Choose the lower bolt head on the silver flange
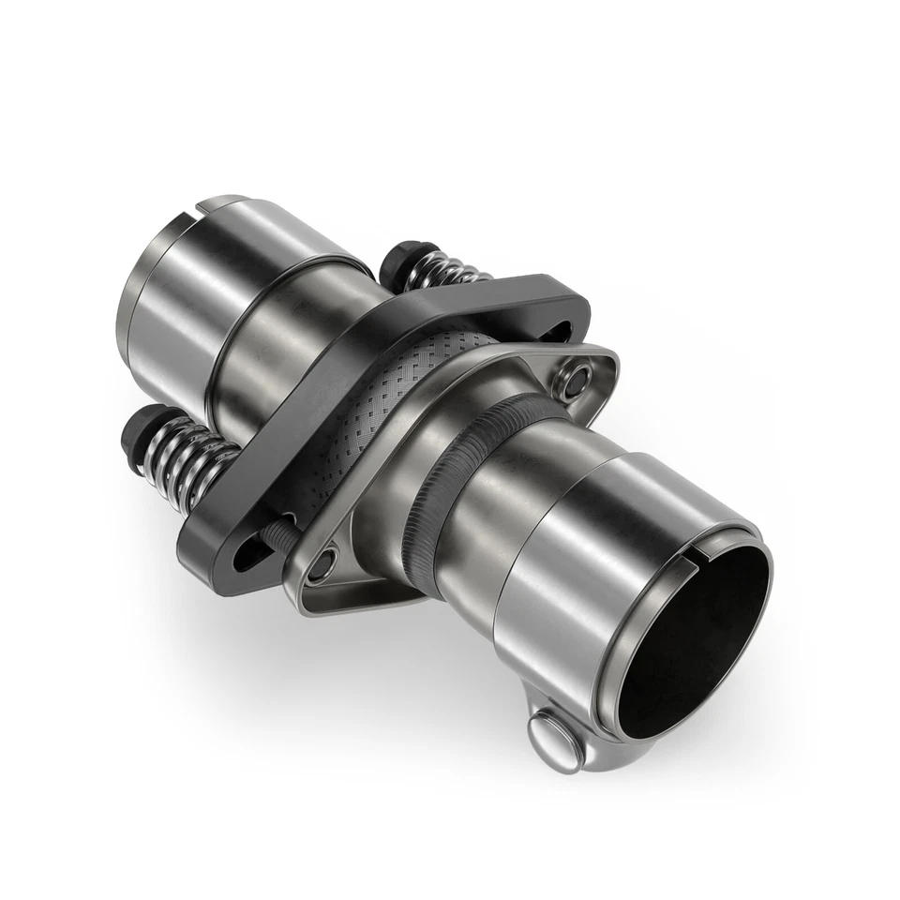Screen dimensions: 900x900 point(322,563)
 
